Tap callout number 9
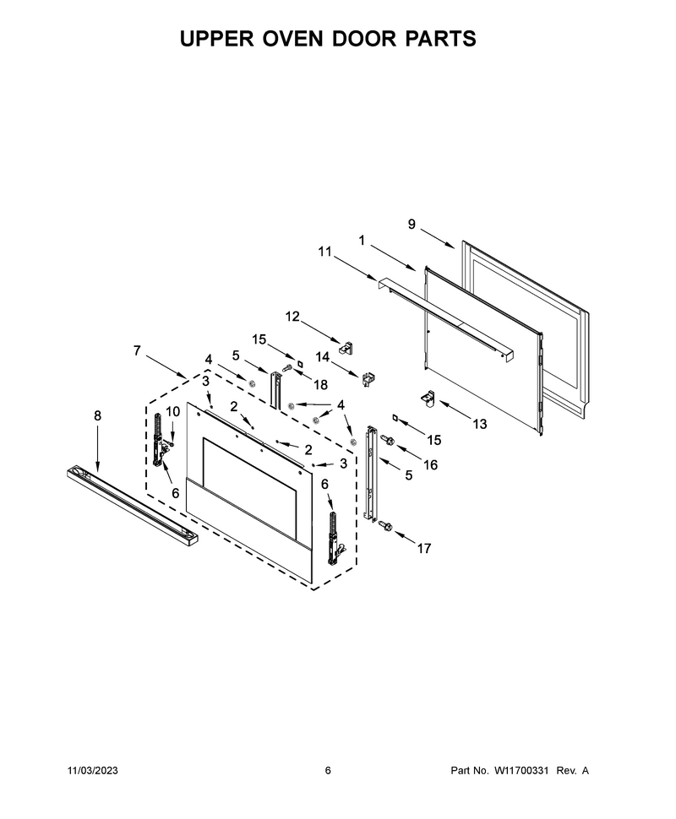[x=412, y=224]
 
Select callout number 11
[x=324, y=252]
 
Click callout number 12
[x=292, y=317]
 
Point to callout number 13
[x=479, y=424]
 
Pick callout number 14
[x=323, y=357]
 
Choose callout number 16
[x=430, y=464]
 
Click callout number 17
[x=424, y=548]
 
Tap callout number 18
[x=320, y=385]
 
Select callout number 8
[x=98, y=415]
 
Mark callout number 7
[x=137, y=350]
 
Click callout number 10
[x=172, y=411]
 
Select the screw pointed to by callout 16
[x=388, y=439]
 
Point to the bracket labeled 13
[x=428, y=398]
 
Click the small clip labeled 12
[x=346, y=347]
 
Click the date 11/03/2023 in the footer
[x=93, y=770]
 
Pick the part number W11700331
[x=521, y=770]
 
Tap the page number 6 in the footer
[x=328, y=770]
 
